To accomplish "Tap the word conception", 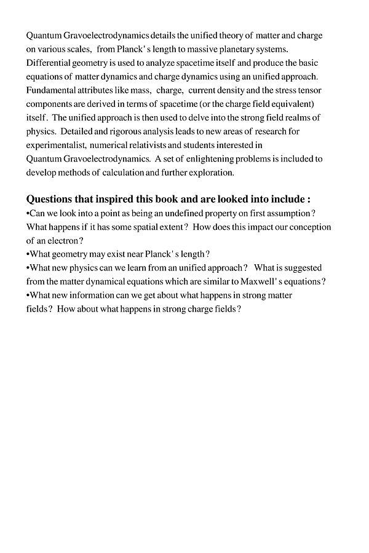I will [x=305, y=227].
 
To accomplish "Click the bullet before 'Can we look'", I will [x=28, y=213].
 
